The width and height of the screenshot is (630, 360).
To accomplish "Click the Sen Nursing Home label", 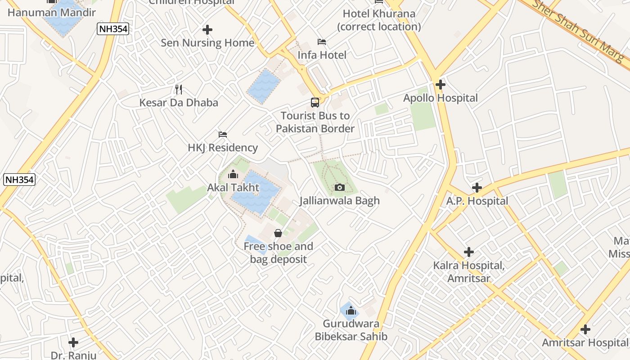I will point(207,43).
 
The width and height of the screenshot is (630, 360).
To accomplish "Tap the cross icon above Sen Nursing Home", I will point(207,30).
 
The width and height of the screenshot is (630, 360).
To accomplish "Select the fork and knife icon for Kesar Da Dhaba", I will point(179,90).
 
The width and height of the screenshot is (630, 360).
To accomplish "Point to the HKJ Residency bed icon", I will point(222,135).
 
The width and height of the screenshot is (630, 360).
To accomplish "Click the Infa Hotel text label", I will point(322,55).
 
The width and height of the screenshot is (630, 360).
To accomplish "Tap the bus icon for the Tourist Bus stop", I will point(315,103).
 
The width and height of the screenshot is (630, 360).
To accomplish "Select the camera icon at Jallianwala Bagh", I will point(340,187).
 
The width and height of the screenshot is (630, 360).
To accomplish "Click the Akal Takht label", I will point(233,187).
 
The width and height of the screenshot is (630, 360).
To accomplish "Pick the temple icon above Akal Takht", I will point(233,174).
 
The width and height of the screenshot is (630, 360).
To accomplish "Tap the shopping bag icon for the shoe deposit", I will point(278,233).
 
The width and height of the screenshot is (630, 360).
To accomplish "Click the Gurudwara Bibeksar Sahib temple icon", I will point(351,310).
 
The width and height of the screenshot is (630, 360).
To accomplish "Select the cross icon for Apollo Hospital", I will point(441,85).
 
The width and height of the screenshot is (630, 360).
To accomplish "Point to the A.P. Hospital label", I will point(477,201).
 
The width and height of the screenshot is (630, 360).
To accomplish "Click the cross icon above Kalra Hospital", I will point(469,252).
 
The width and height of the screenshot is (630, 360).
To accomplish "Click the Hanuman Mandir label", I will point(52,13).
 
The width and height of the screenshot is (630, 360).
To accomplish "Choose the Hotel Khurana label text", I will point(379,20).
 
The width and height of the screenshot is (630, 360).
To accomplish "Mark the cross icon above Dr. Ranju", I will point(73,342).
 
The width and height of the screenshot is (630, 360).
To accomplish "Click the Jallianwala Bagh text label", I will point(340,201).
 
